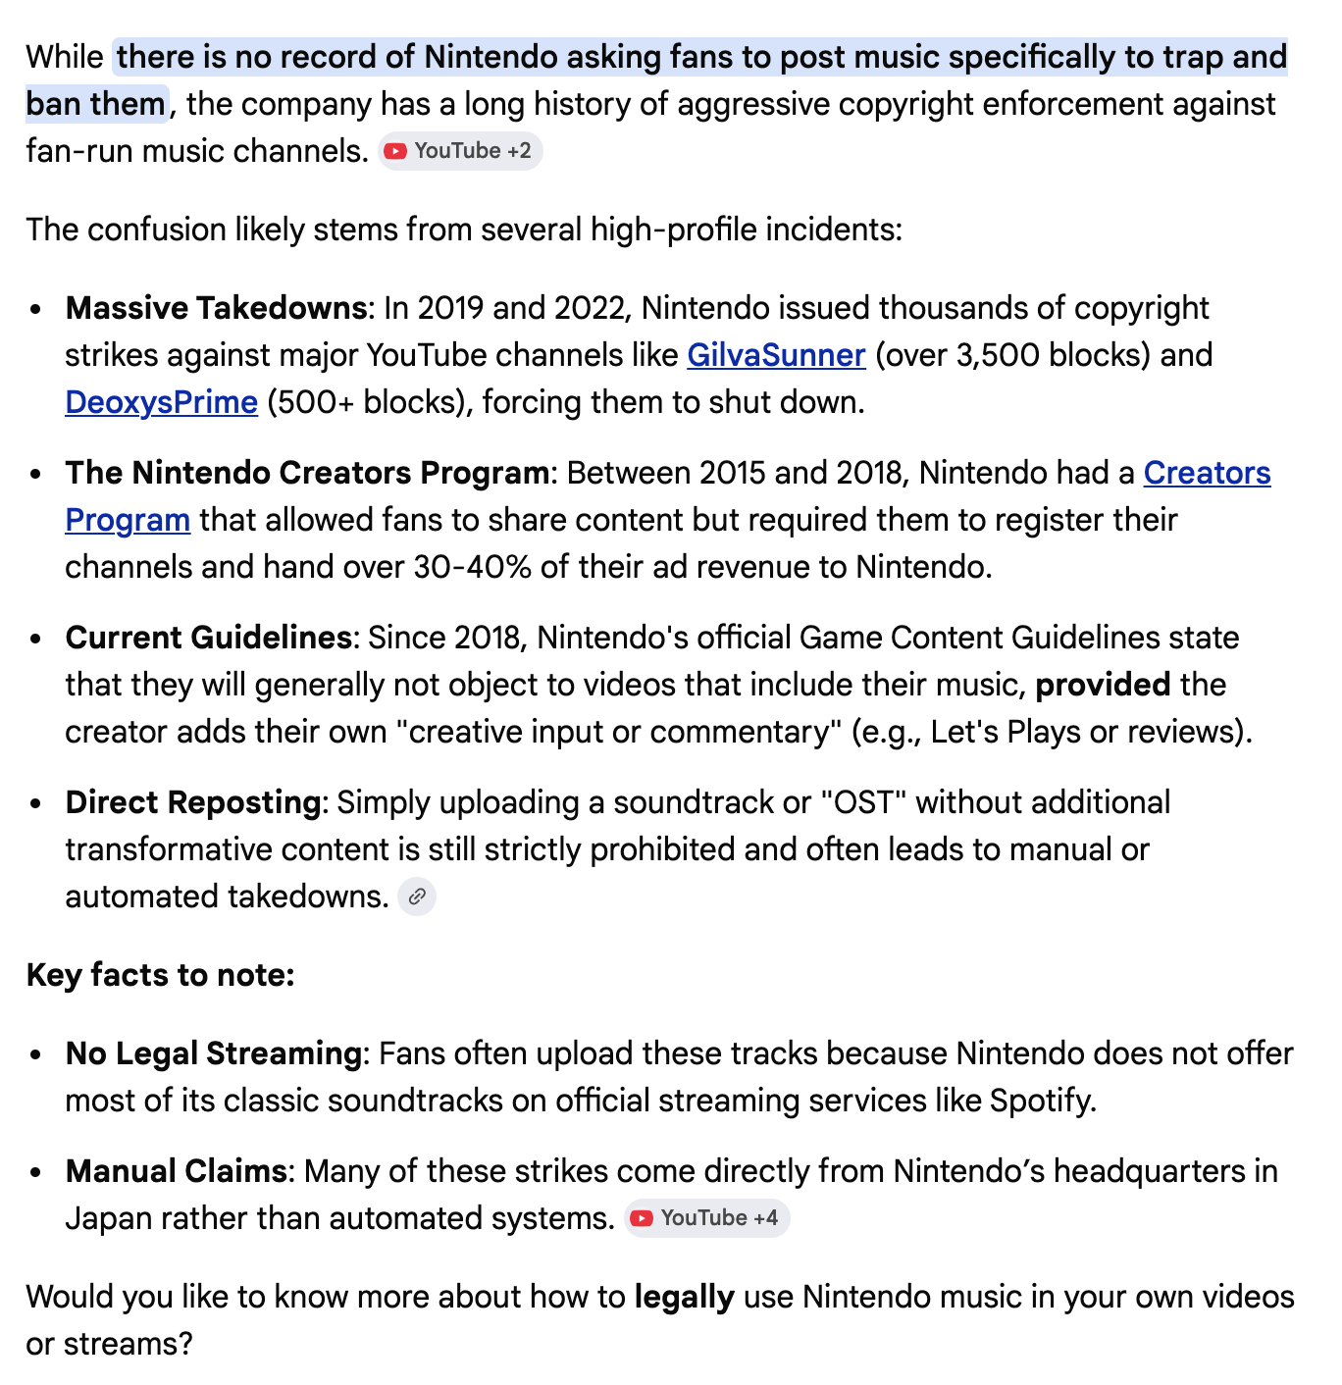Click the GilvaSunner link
click(776, 355)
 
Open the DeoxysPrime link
click(161, 402)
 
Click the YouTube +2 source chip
click(460, 151)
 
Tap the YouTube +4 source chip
click(706, 1218)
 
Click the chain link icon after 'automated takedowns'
click(417, 897)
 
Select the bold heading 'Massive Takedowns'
click(216, 308)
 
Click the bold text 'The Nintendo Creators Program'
click(307, 473)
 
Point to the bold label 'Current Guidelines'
click(208, 638)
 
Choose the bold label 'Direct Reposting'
click(193, 802)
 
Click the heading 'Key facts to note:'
click(161, 975)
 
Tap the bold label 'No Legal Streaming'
click(214, 1053)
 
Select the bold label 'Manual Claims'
click(176, 1171)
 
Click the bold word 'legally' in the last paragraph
click(684, 1297)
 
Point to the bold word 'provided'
click(1103, 685)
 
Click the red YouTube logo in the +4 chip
click(642, 1218)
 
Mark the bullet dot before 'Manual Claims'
click(36, 1172)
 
